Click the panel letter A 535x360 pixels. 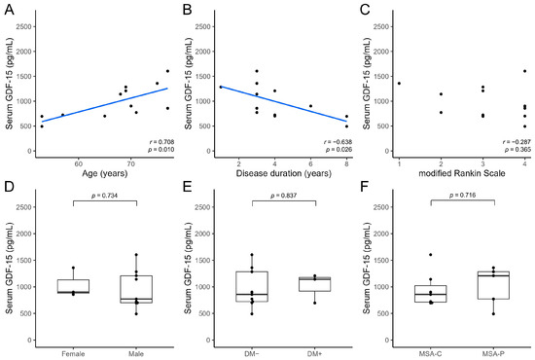9,10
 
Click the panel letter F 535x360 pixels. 365,188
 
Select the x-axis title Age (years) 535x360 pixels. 105,173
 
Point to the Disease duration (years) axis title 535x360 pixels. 283,173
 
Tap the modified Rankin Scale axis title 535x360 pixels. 462,173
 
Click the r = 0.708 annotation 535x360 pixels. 161,142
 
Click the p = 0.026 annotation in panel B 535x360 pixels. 339,150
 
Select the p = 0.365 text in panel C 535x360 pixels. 517,150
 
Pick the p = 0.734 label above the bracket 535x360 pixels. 104,196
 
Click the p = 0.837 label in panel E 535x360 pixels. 283,196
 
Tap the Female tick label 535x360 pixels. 73,354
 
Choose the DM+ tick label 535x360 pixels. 314,354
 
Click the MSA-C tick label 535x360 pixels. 430,354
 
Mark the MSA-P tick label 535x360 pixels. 493,354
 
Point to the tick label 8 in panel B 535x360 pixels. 346,164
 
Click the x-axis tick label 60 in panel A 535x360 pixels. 78,164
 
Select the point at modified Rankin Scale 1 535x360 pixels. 399,84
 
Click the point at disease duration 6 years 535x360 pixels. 310,106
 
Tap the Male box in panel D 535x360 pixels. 136,289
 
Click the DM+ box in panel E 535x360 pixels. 314,284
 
